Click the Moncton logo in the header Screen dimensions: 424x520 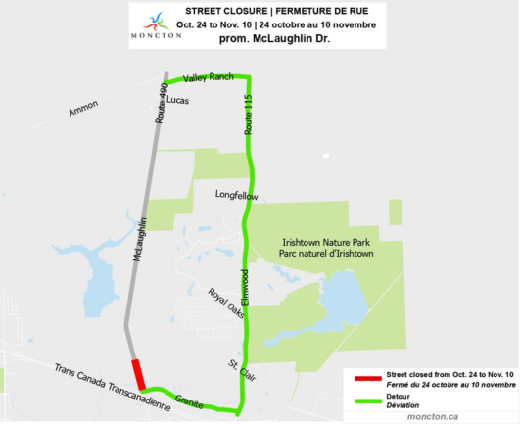156,24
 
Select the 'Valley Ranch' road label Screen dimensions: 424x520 208,77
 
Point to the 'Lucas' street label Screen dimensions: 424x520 177,100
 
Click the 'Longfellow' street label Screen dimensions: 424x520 236,196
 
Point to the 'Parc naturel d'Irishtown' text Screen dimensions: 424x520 335,254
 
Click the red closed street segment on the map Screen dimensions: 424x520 138,372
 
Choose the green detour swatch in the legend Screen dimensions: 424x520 369,398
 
